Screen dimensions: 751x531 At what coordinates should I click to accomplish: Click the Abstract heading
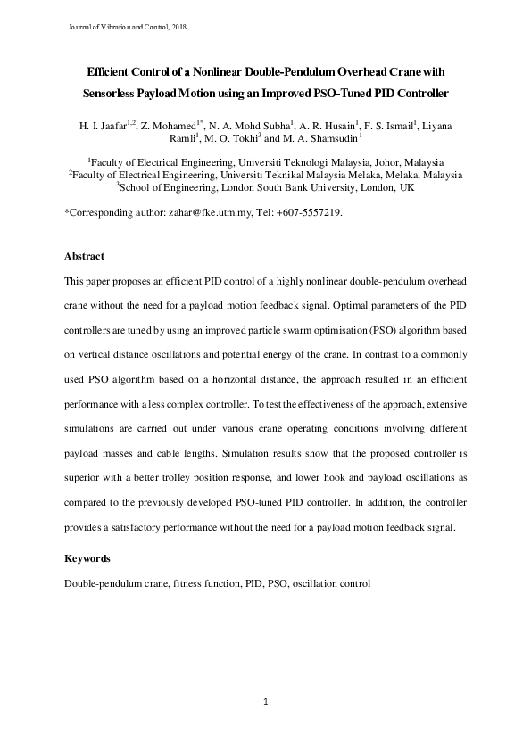pyautogui.click(x=84, y=256)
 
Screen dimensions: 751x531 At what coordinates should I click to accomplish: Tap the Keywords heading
pyautogui.click(x=87, y=558)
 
